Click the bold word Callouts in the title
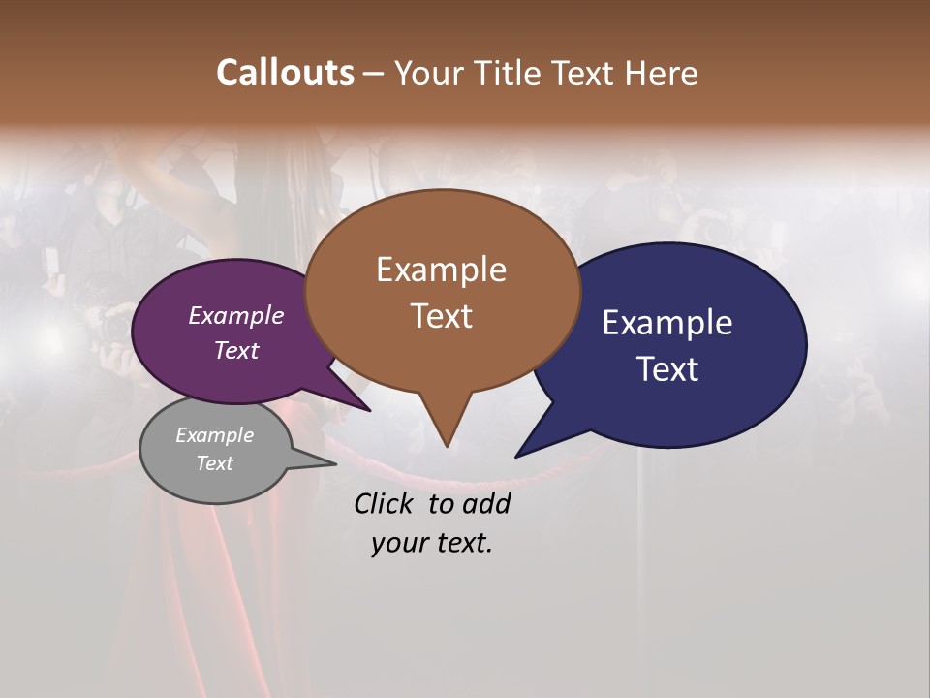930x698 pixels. (x=285, y=73)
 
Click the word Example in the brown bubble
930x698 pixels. (x=441, y=270)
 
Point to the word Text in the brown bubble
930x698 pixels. (x=441, y=315)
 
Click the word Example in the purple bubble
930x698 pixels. (x=236, y=315)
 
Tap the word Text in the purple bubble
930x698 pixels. (x=236, y=350)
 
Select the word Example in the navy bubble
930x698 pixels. (x=667, y=323)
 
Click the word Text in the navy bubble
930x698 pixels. (x=667, y=368)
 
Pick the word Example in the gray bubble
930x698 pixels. (x=215, y=435)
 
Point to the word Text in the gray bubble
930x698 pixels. (x=215, y=463)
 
